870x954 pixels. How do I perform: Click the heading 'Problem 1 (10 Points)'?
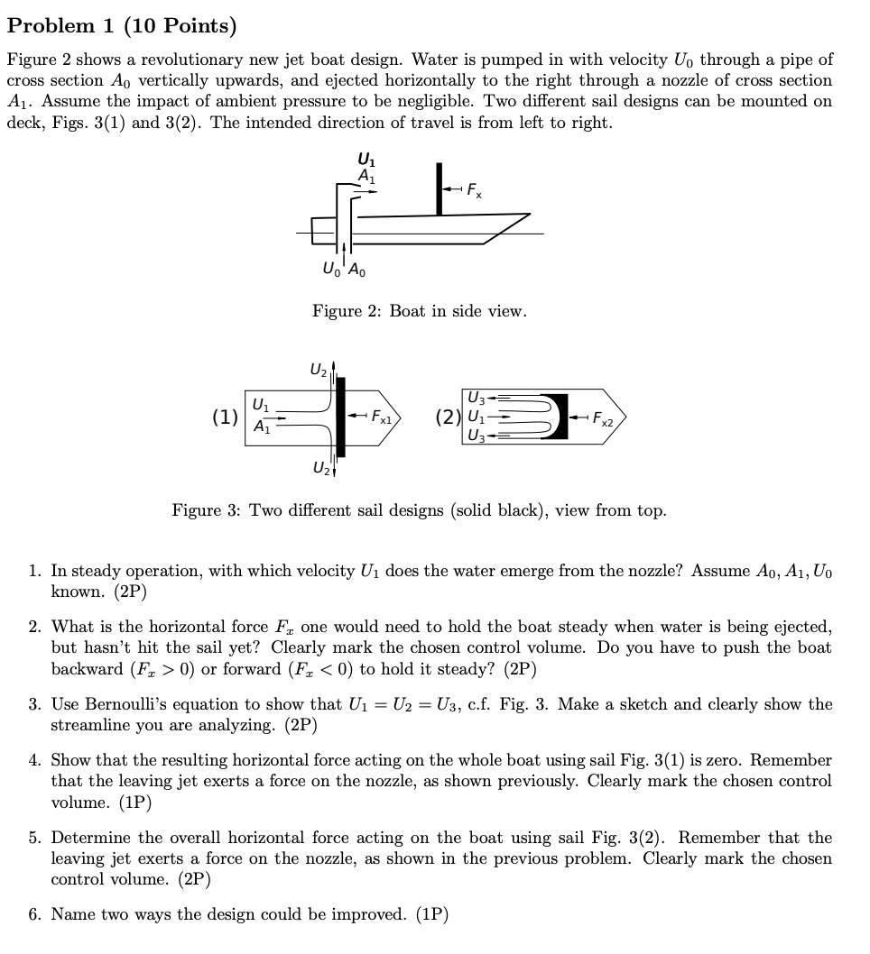pos(122,26)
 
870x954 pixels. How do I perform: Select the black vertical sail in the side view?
pos(439,188)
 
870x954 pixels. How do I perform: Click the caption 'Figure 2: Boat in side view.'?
pos(419,311)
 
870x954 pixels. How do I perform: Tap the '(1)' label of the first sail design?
pos(225,417)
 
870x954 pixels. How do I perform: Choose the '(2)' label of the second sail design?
pos(449,417)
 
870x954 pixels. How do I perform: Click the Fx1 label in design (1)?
pos(382,417)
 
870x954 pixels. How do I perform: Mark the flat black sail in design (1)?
pos(342,417)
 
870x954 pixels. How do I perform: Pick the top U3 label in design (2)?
pos(476,398)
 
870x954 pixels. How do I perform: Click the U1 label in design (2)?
pos(475,417)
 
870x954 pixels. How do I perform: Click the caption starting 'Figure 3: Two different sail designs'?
pos(420,510)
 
